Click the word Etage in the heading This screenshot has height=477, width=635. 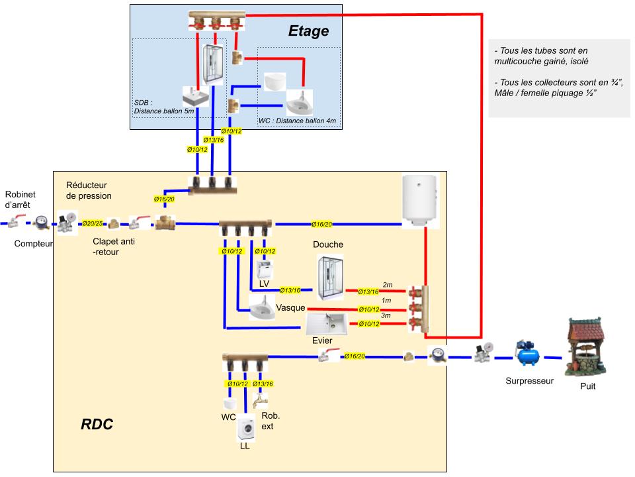point(308,30)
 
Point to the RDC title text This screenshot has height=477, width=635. point(97,425)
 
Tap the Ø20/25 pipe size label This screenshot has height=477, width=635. point(93,224)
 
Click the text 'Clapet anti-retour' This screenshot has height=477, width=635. point(114,246)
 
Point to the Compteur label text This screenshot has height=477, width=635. point(34,244)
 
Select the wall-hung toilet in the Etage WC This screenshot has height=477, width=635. point(274,81)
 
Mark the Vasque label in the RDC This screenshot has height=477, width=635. point(290,307)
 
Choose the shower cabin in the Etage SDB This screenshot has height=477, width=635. point(214,64)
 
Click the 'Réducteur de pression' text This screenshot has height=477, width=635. point(89,190)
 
